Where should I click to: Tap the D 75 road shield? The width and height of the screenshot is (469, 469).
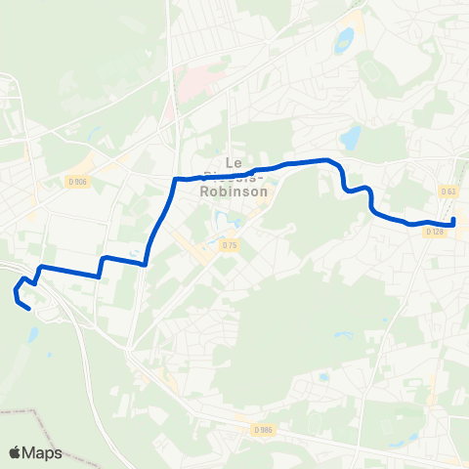click(x=229, y=244)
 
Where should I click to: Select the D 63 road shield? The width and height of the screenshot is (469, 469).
click(x=448, y=192)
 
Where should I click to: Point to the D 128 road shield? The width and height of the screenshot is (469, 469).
click(x=436, y=232)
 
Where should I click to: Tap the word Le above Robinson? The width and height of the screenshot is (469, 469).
click(x=233, y=162)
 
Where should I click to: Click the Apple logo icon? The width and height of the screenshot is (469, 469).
click(x=15, y=452)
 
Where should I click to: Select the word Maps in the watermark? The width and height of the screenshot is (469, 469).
click(x=42, y=452)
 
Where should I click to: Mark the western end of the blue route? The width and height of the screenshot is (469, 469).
click(x=29, y=310)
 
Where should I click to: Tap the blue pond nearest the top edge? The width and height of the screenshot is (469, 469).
click(x=344, y=40)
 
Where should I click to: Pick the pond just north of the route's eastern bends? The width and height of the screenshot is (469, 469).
click(x=350, y=138)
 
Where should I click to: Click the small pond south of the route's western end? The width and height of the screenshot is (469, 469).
click(x=33, y=335)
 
